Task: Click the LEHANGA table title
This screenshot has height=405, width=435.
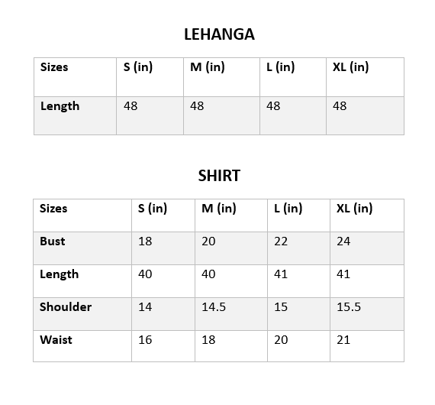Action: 219,34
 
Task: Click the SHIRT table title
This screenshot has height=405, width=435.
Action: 219,176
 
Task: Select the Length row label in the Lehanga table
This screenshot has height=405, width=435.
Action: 60,105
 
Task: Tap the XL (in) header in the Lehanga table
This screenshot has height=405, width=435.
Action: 351,66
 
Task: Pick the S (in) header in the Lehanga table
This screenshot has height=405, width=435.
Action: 138,66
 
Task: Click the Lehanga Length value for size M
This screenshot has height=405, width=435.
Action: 197,105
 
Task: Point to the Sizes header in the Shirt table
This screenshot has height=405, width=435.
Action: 53,208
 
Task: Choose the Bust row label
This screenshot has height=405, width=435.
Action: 53,241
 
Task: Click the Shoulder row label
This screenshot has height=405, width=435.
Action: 66,306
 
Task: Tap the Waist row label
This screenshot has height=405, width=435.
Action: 56,339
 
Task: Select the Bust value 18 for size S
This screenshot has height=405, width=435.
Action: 145,241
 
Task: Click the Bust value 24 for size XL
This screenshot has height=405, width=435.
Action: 343,241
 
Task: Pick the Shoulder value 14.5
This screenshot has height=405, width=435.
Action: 214,306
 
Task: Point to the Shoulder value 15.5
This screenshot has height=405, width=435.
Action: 349,306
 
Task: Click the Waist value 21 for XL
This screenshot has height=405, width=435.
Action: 343,339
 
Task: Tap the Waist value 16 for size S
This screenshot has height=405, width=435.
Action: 145,339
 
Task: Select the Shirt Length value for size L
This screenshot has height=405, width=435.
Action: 281,274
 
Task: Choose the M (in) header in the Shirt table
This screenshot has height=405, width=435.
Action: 219,208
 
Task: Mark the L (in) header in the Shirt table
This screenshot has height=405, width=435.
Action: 288,208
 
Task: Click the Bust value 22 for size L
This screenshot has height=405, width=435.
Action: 281,241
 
